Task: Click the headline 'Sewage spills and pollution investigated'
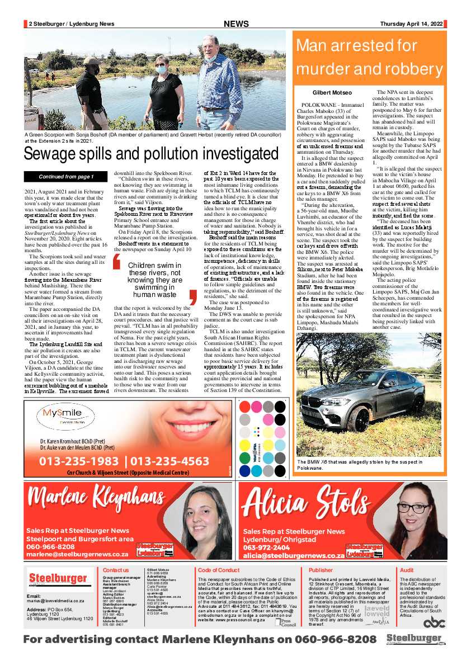[151, 153]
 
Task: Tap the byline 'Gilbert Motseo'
[332, 92]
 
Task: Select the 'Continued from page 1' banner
[66, 177]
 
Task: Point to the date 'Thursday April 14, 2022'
[411, 24]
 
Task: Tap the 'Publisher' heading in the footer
[321, 570]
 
